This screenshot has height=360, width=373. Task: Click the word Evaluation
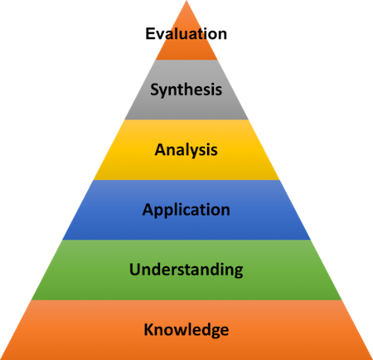[x=186, y=34]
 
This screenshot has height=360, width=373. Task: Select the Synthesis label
[x=186, y=90]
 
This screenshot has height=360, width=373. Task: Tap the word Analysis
[x=186, y=150]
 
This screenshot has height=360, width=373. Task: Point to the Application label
[x=186, y=210]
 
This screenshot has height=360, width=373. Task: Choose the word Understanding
[x=186, y=270]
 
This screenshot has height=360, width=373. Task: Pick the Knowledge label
[x=186, y=329]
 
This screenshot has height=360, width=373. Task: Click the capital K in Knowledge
[x=149, y=329]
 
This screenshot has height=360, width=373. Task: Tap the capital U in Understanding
[x=135, y=270]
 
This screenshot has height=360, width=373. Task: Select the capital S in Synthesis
[x=155, y=90]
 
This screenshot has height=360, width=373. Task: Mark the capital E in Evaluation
[x=150, y=34]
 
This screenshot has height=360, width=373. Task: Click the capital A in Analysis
[x=161, y=149]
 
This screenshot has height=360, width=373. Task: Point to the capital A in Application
[x=148, y=209]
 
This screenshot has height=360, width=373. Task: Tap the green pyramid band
[x=186, y=288]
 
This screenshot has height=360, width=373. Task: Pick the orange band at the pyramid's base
[x=186, y=347]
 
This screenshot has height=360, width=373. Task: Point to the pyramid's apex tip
[x=186, y=1]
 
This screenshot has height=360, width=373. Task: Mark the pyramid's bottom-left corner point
[x=1, y=359]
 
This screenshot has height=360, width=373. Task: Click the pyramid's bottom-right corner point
[x=372, y=359]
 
